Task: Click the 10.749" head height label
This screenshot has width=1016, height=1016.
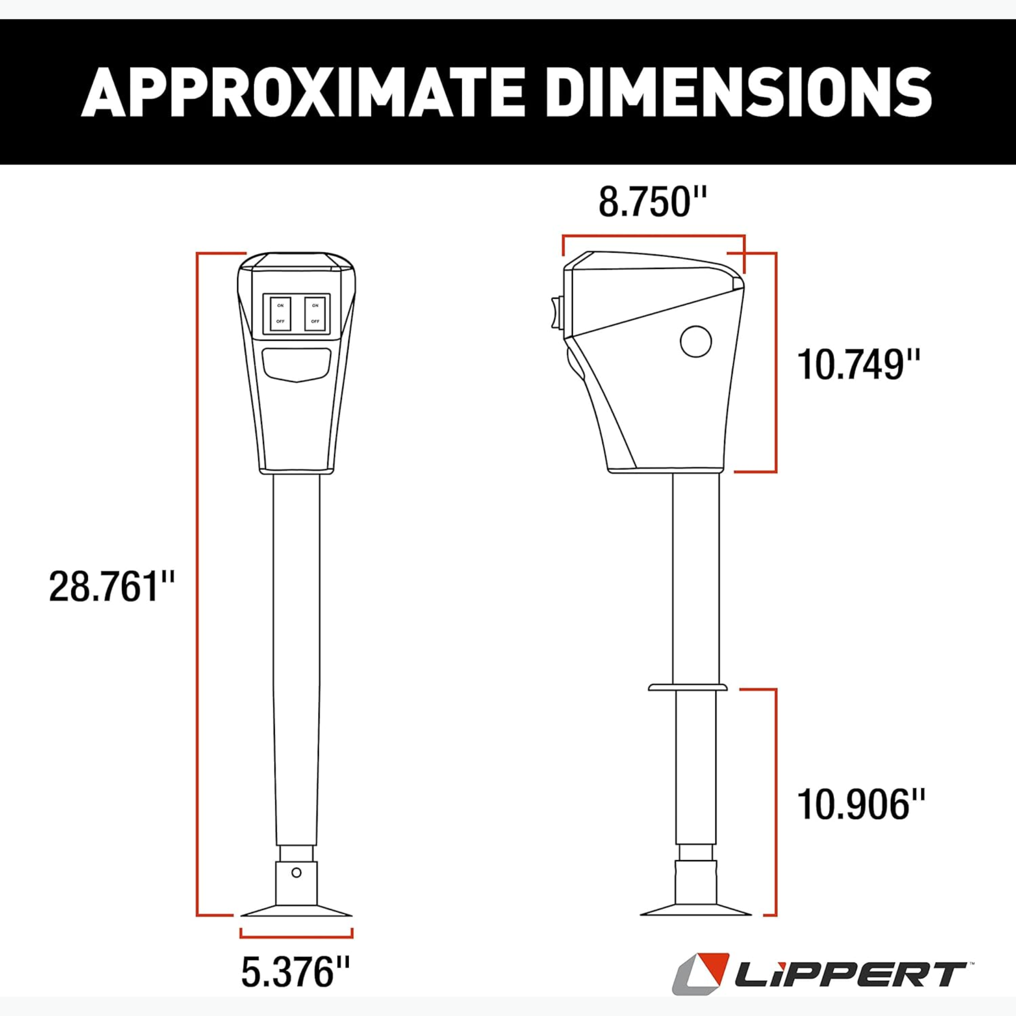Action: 859,365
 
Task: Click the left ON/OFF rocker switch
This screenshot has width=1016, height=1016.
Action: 280,314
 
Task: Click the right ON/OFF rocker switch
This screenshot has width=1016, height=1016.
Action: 315,314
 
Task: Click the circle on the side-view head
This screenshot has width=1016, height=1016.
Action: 695,341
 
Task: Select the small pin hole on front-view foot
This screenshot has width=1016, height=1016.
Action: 296,873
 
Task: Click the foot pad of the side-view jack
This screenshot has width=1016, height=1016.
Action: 695,910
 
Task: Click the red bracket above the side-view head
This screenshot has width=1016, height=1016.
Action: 653,238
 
